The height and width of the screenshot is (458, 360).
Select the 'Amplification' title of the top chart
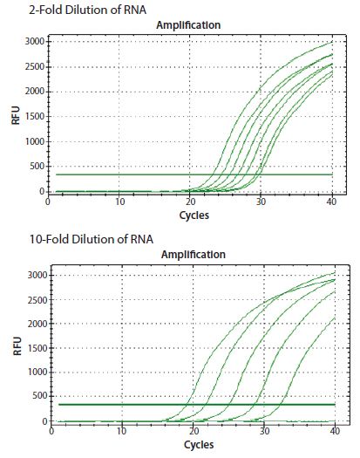(x=187, y=25)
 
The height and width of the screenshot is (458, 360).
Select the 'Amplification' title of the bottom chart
(x=193, y=255)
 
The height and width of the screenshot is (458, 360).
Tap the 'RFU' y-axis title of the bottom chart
(x=15, y=346)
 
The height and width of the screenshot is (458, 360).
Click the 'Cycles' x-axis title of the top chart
(x=194, y=214)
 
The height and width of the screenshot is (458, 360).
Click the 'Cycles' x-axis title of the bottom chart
(x=194, y=443)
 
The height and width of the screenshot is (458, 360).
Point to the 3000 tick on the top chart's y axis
(x=32, y=42)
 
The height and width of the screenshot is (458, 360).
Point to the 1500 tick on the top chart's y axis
(x=32, y=117)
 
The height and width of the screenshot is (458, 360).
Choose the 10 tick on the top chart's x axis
(x=120, y=202)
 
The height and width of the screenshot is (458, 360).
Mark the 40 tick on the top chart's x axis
(x=331, y=202)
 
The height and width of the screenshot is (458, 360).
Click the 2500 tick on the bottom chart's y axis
(x=32, y=299)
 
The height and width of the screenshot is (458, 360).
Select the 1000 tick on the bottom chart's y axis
(x=32, y=373)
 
